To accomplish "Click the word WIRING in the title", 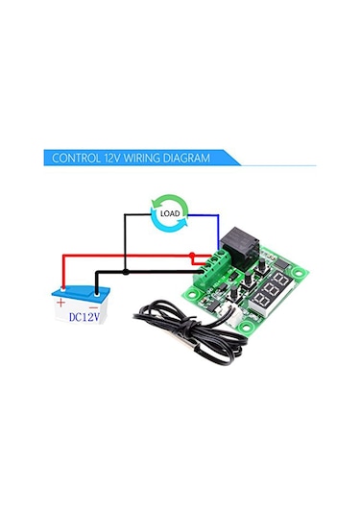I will pos(132,158).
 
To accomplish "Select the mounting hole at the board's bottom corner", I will pos(251,328).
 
